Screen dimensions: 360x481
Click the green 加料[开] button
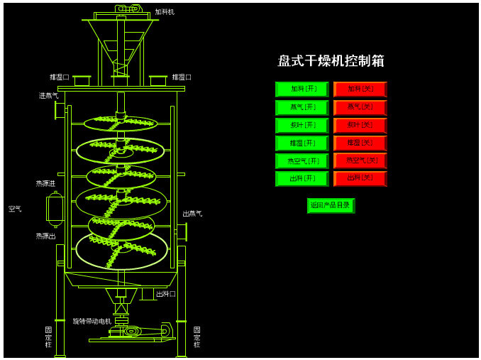click(x=302, y=89)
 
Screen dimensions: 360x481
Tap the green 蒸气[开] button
click(x=302, y=107)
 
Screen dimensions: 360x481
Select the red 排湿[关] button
click(x=360, y=143)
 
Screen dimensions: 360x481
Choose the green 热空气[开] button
click(x=302, y=161)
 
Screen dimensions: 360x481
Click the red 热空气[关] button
click(x=360, y=160)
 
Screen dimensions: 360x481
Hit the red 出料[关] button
click(x=360, y=178)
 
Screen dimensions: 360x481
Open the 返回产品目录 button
click(x=330, y=205)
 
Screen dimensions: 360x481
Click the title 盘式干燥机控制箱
click(x=331, y=61)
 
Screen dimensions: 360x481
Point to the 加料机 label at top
click(x=165, y=12)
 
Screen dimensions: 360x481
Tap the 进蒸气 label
click(x=48, y=95)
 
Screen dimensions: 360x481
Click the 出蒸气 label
click(x=192, y=213)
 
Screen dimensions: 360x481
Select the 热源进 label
click(x=45, y=183)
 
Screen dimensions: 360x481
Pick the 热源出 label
click(x=45, y=236)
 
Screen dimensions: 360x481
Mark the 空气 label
click(x=15, y=209)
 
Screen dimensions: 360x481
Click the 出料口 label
click(x=165, y=293)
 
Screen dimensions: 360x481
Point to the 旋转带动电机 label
click(x=92, y=321)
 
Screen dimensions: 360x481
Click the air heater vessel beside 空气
click(x=55, y=209)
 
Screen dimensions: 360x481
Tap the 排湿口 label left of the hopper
click(x=60, y=77)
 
